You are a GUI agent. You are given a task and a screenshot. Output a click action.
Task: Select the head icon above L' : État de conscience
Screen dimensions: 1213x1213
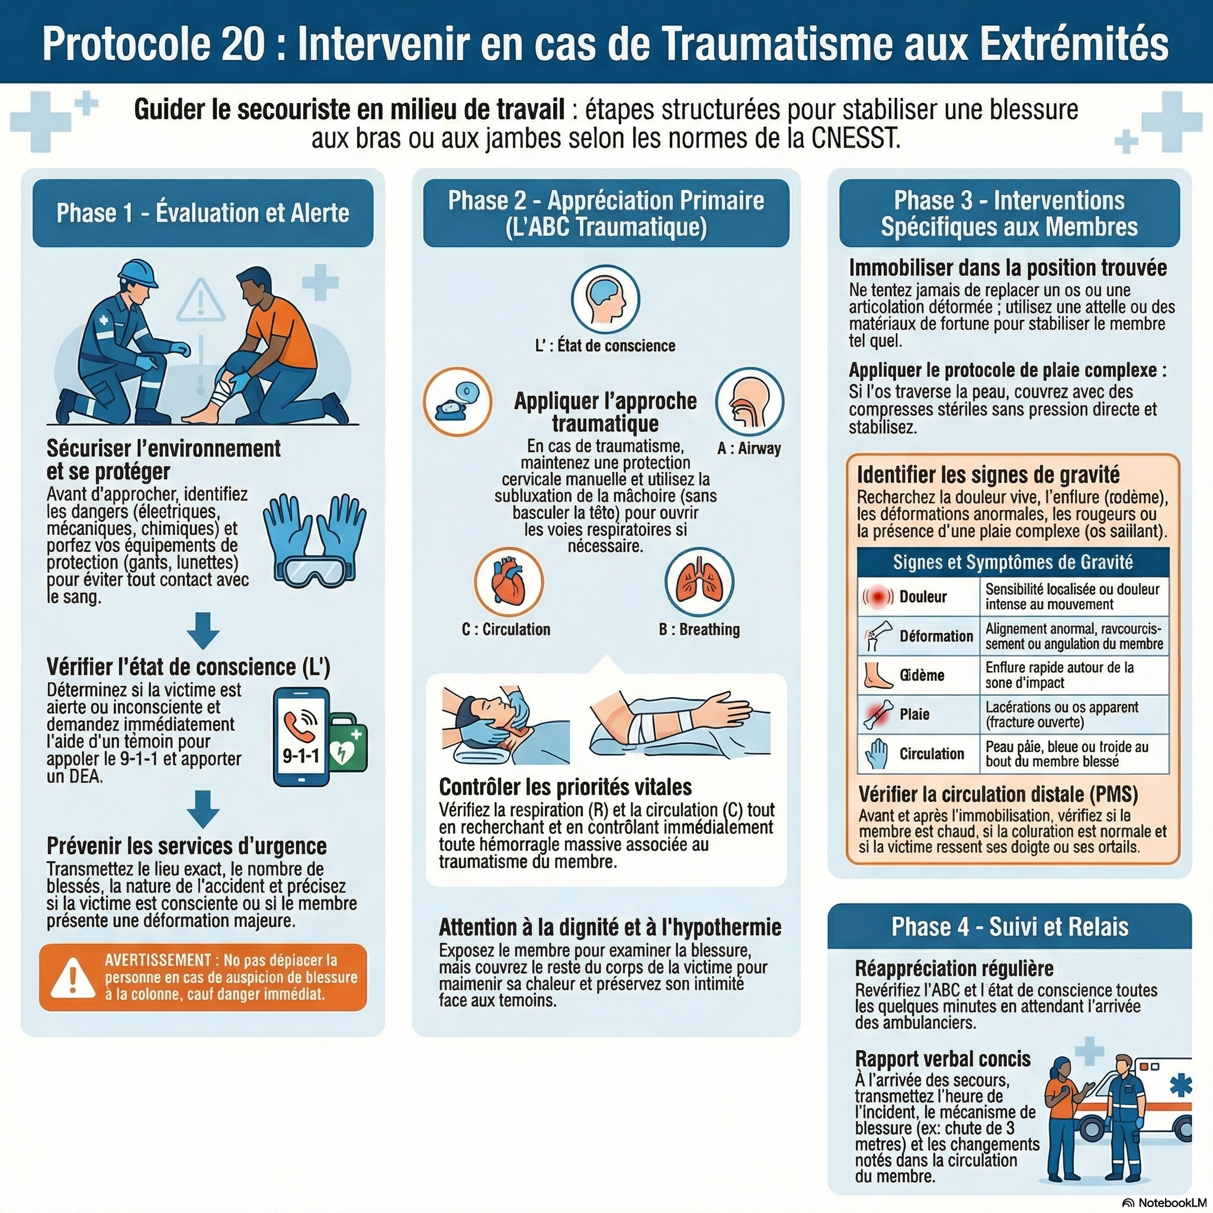(x=605, y=299)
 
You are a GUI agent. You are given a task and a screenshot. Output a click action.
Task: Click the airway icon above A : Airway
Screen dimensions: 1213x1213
(x=749, y=402)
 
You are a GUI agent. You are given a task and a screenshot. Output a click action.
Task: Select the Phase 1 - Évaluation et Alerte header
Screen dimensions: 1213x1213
(x=203, y=213)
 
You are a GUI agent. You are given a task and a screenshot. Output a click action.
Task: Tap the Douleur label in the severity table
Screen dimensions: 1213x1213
(x=922, y=596)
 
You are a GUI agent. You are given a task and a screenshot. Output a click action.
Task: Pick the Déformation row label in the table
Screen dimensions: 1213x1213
(x=935, y=636)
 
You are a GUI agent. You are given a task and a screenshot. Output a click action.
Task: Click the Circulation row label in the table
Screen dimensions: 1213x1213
(x=931, y=753)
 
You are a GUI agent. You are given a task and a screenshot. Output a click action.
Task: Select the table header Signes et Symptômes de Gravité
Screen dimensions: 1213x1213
(x=1012, y=562)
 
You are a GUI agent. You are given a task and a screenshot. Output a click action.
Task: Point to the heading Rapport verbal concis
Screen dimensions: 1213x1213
(x=942, y=1059)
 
